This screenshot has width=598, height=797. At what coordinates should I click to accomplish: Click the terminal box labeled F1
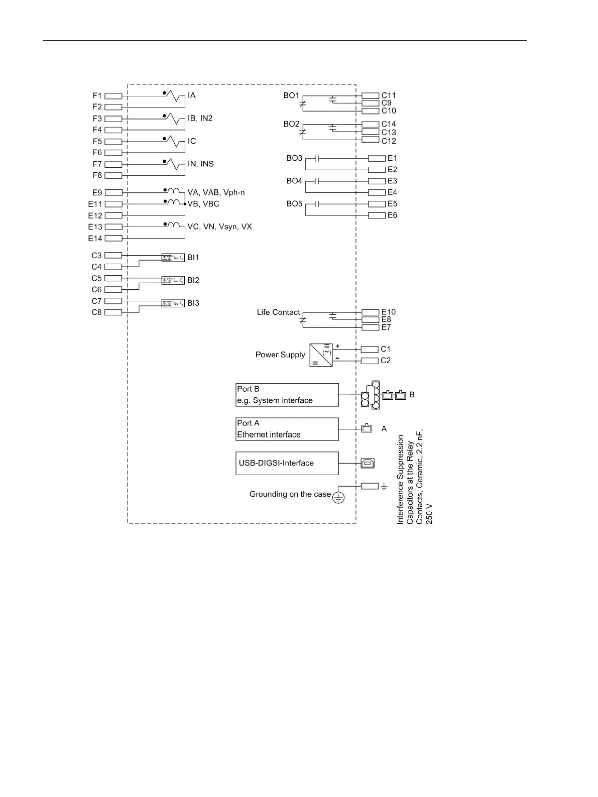[x=113, y=95]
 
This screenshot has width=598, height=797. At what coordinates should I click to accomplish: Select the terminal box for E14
[x=113, y=238]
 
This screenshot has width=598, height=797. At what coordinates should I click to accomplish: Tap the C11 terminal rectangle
[x=370, y=95]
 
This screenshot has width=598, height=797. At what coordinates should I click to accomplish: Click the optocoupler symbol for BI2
[x=173, y=280]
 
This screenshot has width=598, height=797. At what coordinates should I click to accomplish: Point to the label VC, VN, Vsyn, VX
[x=219, y=226]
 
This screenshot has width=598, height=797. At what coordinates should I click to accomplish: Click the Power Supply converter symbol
[x=321, y=355]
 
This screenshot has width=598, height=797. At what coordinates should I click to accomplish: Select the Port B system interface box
[x=287, y=395]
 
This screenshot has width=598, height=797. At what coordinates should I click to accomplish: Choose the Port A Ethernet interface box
[x=287, y=429]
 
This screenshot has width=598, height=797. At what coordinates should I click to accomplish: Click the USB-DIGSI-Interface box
[x=287, y=463]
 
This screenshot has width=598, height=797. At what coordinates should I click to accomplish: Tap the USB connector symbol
[x=368, y=463]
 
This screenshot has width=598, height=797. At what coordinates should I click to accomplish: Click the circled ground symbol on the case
[x=339, y=498]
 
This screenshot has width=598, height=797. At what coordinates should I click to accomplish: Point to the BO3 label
[x=294, y=158]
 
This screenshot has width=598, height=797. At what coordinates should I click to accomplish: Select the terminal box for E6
[x=377, y=215]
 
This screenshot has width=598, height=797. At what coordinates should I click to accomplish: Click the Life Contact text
[x=278, y=312]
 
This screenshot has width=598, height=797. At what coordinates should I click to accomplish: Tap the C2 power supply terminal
[x=370, y=361]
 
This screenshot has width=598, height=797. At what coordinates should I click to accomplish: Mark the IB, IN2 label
[x=200, y=119]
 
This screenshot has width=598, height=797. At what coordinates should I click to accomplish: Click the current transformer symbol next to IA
[x=174, y=95]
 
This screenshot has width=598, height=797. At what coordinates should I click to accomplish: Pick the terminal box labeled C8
[x=113, y=312]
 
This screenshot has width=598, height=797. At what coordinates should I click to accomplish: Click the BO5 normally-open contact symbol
[x=317, y=204]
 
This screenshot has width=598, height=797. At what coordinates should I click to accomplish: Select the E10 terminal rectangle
[x=370, y=312]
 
